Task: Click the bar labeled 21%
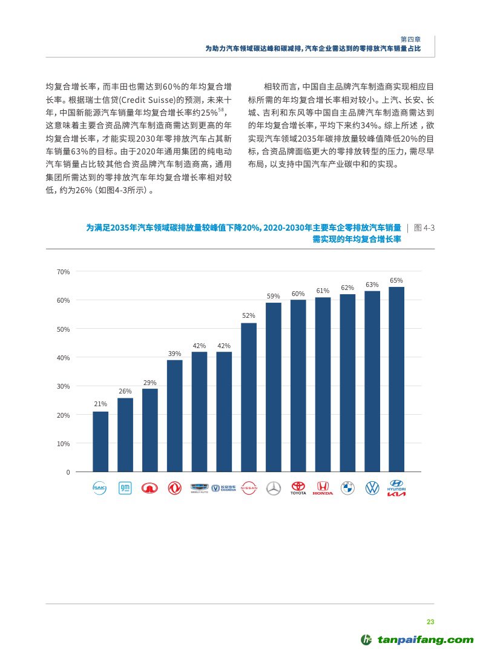100,441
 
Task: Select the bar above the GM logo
125,435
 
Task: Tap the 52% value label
249,315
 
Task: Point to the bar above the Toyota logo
298,386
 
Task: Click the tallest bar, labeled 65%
396,379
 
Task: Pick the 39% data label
174,353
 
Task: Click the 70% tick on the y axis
64,272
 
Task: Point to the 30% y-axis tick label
64,386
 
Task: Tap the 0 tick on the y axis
68,472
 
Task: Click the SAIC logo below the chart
100,488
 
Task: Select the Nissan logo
249,487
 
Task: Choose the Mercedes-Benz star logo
274,488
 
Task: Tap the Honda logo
323,488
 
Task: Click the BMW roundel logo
347,488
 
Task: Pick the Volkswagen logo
372,488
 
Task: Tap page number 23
430,622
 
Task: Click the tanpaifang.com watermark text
426,639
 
